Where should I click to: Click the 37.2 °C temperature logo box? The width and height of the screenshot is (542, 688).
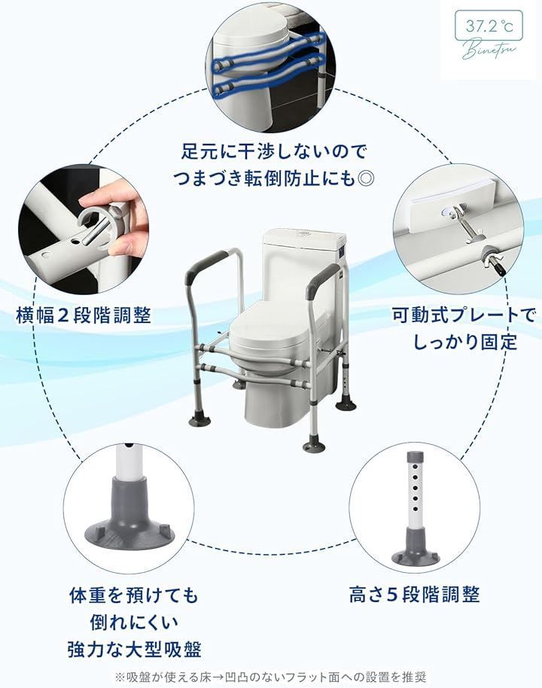pyautogui.click(x=489, y=27)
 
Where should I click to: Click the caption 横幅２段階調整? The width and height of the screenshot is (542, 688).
pyautogui.click(x=84, y=315)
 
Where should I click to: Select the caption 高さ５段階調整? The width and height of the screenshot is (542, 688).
pyautogui.click(x=415, y=595)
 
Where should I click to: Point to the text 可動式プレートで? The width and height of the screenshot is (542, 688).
pyautogui.click(x=464, y=315)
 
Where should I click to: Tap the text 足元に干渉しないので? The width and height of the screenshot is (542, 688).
pyautogui.click(x=274, y=152)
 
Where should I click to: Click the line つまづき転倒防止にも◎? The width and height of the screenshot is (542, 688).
pyautogui.click(x=273, y=178)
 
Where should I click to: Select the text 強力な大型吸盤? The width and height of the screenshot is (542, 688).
pyautogui.click(x=134, y=650)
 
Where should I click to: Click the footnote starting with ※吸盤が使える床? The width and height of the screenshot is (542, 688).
pyautogui.click(x=270, y=676)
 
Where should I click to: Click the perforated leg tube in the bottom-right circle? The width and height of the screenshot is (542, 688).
pyautogui.click(x=414, y=492)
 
